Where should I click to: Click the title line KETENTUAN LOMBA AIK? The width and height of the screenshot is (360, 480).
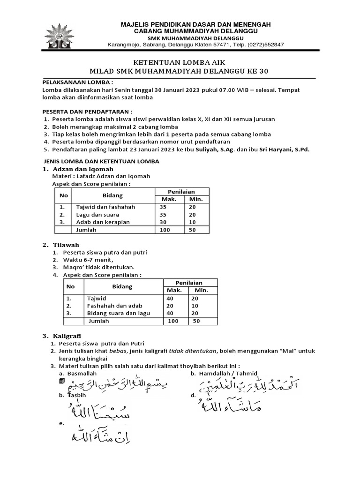coord(180,62)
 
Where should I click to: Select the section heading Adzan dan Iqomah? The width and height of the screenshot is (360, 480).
coord(83,169)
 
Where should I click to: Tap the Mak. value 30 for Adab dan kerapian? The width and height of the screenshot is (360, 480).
coord(164,222)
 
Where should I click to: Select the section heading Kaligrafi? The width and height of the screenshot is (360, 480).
coord(67,336)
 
